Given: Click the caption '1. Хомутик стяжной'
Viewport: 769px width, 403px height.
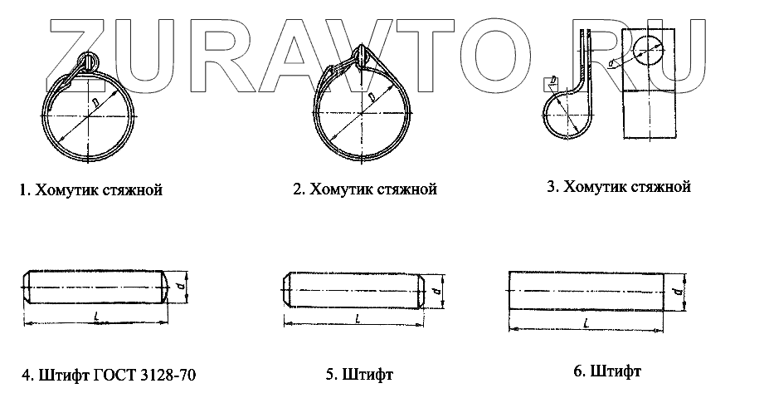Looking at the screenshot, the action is (90, 190).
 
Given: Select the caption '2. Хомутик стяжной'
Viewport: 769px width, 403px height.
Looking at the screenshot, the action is (365, 189).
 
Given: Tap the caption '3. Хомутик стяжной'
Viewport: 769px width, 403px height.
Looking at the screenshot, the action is (619, 187).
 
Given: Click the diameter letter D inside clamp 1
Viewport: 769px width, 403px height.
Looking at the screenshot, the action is (96, 101).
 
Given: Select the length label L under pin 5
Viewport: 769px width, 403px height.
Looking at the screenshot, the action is (357, 318).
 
